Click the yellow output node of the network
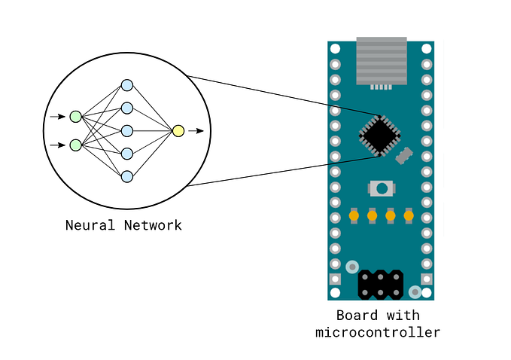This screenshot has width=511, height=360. click(x=178, y=131)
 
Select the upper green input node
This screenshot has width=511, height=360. click(x=75, y=117)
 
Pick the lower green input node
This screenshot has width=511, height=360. click(x=75, y=145)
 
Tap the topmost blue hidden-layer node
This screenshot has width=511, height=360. click(x=127, y=85)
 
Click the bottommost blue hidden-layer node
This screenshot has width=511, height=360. click(x=127, y=176)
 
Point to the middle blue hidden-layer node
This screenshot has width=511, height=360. click(x=127, y=130)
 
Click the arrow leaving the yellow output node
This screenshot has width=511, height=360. click(x=196, y=131)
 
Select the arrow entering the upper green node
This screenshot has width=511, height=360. click(x=57, y=117)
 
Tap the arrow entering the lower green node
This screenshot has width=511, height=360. click(x=57, y=145)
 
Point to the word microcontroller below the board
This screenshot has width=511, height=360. click(x=378, y=332)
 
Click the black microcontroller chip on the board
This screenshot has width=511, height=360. click(x=379, y=136)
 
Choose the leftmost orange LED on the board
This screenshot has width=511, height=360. click(x=354, y=216)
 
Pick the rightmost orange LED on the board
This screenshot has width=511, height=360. click(x=409, y=216)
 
